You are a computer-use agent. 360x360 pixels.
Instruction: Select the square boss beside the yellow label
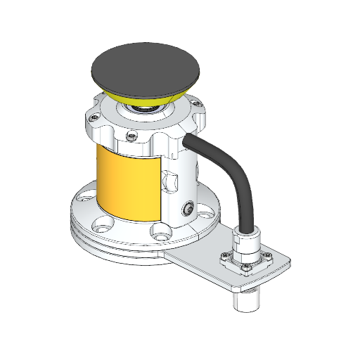point(172,181)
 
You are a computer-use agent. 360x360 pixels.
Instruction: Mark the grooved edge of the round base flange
point(105,246)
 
